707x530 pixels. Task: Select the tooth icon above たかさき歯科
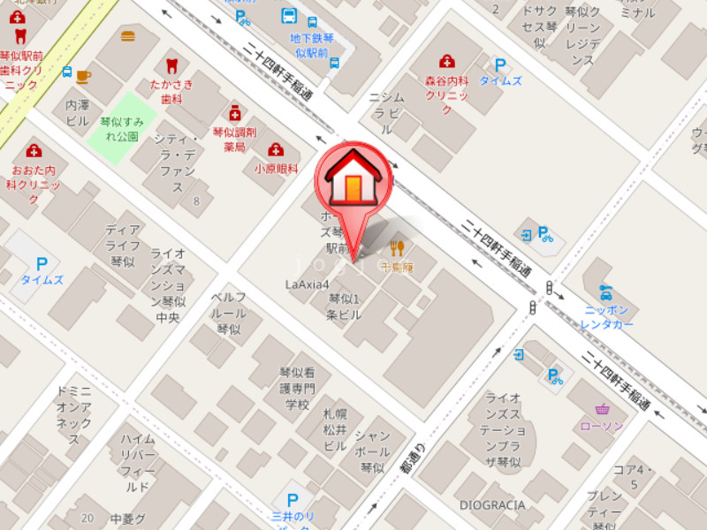pyautogui.click(x=171, y=65)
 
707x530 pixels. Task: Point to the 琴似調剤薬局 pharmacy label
pyautogui.click(x=234, y=140)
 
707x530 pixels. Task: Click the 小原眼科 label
pyautogui.click(x=276, y=168)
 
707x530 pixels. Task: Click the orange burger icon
pyautogui.click(x=128, y=37)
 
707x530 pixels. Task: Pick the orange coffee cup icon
pyautogui.click(x=83, y=76)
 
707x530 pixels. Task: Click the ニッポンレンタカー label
pyautogui.click(x=607, y=317)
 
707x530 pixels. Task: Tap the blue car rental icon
pyautogui.click(x=605, y=291)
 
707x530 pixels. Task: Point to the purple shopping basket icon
pyautogui.click(x=603, y=409)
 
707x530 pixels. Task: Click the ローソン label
pyautogui.click(x=602, y=426)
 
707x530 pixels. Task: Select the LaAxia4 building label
pyautogui.click(x=307, y=284)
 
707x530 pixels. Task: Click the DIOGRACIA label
pyautogui.click(x=491, y=505)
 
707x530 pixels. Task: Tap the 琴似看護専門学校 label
pyautogui.click(x=297, y=388)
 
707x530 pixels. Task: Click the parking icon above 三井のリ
pyautogui.click(x=293, y=499)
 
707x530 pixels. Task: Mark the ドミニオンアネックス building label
pyautogui.click(x=73, y=414)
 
